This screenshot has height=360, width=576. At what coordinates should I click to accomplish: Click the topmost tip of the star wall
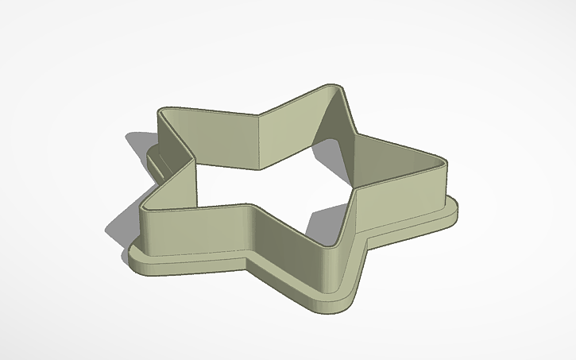[x=337, y=87]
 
